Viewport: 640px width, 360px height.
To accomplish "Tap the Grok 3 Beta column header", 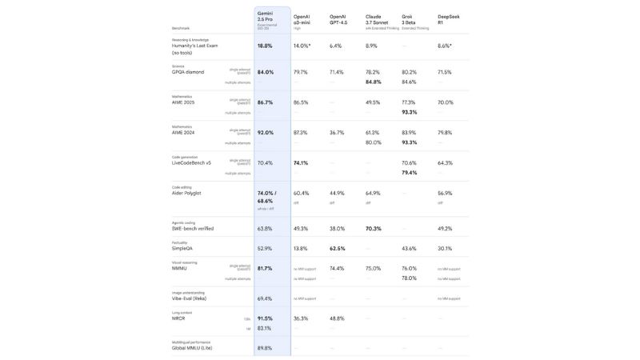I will [410, 19].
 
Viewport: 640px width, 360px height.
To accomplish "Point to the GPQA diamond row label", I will [188, 72].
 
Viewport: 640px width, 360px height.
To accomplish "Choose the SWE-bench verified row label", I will [193, 228].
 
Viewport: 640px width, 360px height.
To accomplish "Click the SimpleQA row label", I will [182, 248].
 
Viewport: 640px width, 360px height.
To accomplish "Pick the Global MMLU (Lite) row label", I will [192, 348].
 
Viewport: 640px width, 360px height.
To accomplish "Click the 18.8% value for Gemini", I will [265, 46].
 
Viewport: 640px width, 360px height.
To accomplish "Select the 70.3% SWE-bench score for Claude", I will [374, 228].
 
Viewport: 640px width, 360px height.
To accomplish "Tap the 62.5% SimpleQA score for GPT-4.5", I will [338, 248].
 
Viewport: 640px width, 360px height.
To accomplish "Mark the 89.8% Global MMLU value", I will [265, 348].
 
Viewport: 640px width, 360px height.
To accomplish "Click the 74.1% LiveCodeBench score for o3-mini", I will [301, 162].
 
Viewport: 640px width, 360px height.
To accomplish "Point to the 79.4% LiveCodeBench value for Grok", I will [410, 173].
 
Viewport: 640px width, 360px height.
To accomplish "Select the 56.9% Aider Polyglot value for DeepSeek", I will [445, 193].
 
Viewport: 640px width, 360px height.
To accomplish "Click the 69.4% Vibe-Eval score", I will [265, 298].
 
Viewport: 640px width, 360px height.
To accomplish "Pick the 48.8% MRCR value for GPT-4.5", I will [337, 318].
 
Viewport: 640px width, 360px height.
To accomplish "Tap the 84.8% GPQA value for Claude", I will [374, 82].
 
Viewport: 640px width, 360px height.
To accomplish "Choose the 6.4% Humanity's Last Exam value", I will [336, 46].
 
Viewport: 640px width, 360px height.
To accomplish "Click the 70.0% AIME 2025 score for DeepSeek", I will [446, 102].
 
